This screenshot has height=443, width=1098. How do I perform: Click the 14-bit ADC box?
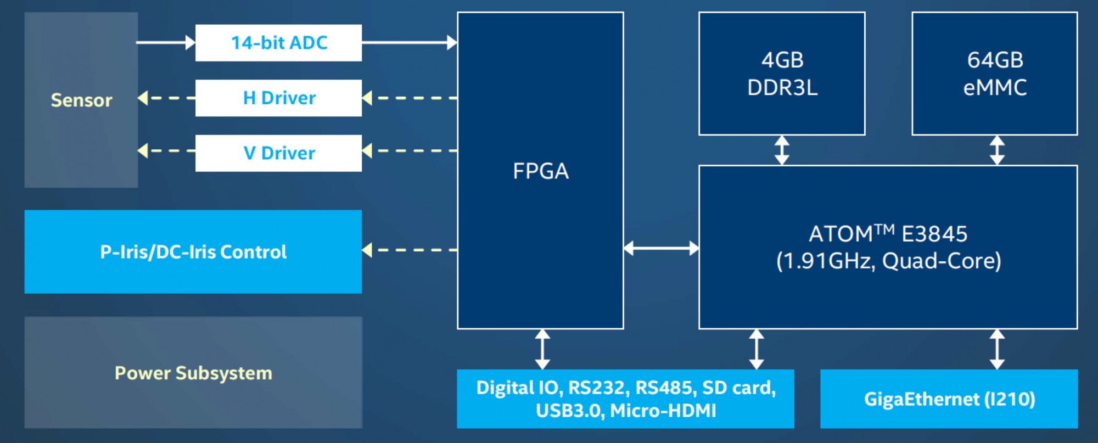pyautogui.click(x=278, y=43)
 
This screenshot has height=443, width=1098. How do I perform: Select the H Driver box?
pyautogui.click(x=278, y=98)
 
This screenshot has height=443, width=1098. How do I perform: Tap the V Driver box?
pyautogui.click(x=278, y=153)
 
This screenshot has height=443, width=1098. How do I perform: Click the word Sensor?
pyautogui.click(x=81, y=100)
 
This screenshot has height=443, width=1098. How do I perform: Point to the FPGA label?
pyautogui.click(x=541, y=171)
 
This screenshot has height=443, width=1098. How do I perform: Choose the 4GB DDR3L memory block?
pyautogui.click(x=782, y=74)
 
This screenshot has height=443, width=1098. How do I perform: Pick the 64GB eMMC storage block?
pyautogui.click(x=995, y=74)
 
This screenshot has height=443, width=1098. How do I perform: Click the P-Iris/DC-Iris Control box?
pyautogui.click(x=193, y=251)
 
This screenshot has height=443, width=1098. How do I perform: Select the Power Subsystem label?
pyautogui.click(x=193, y=373)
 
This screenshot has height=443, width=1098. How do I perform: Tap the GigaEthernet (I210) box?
pyautogui.click(x=949, y=399)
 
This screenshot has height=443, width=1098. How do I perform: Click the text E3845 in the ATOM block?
pyautogui.click(x=934, y=234)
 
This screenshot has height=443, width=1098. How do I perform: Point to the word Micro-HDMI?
pyautogui.click(x=663, y=411)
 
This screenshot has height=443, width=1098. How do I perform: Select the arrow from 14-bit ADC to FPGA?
pyautogui.click(x=410, y=42)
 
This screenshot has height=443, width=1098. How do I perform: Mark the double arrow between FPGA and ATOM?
pyautogui.click(x=661, y=248)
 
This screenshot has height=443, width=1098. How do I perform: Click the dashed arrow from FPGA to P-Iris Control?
pyautogui.click(x=410, y=250)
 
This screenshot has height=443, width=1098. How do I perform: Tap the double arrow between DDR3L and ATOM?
pyautogui.click(x=782, y=150)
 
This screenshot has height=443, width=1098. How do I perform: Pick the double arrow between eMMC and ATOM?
pyautogui.click(x=997, y=150)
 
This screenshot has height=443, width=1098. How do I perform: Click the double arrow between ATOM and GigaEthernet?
pyautogui.click(x=997, y=349)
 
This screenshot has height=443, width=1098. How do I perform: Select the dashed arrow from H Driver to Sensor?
pyautogui.click(x=166, y=98)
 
